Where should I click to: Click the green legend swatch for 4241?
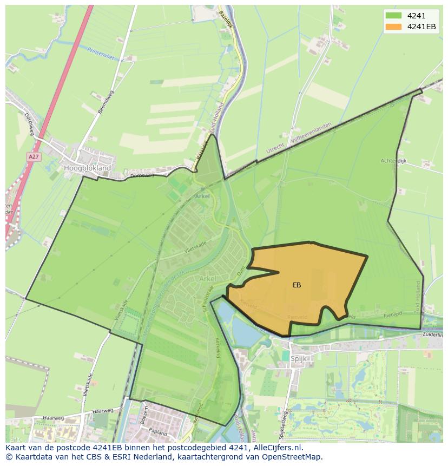pos(393,16)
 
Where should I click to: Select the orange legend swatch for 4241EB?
pos(393,27)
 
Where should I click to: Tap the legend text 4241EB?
pos(421,27)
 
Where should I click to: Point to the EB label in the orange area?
pos(297,285)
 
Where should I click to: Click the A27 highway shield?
pos(34,156)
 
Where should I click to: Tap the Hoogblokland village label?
pos(87,168)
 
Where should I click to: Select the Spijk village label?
pos(299,358)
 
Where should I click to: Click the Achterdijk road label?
pos(393,161)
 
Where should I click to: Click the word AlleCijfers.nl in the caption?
pos(276,448)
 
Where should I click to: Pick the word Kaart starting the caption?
pos(16,448)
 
